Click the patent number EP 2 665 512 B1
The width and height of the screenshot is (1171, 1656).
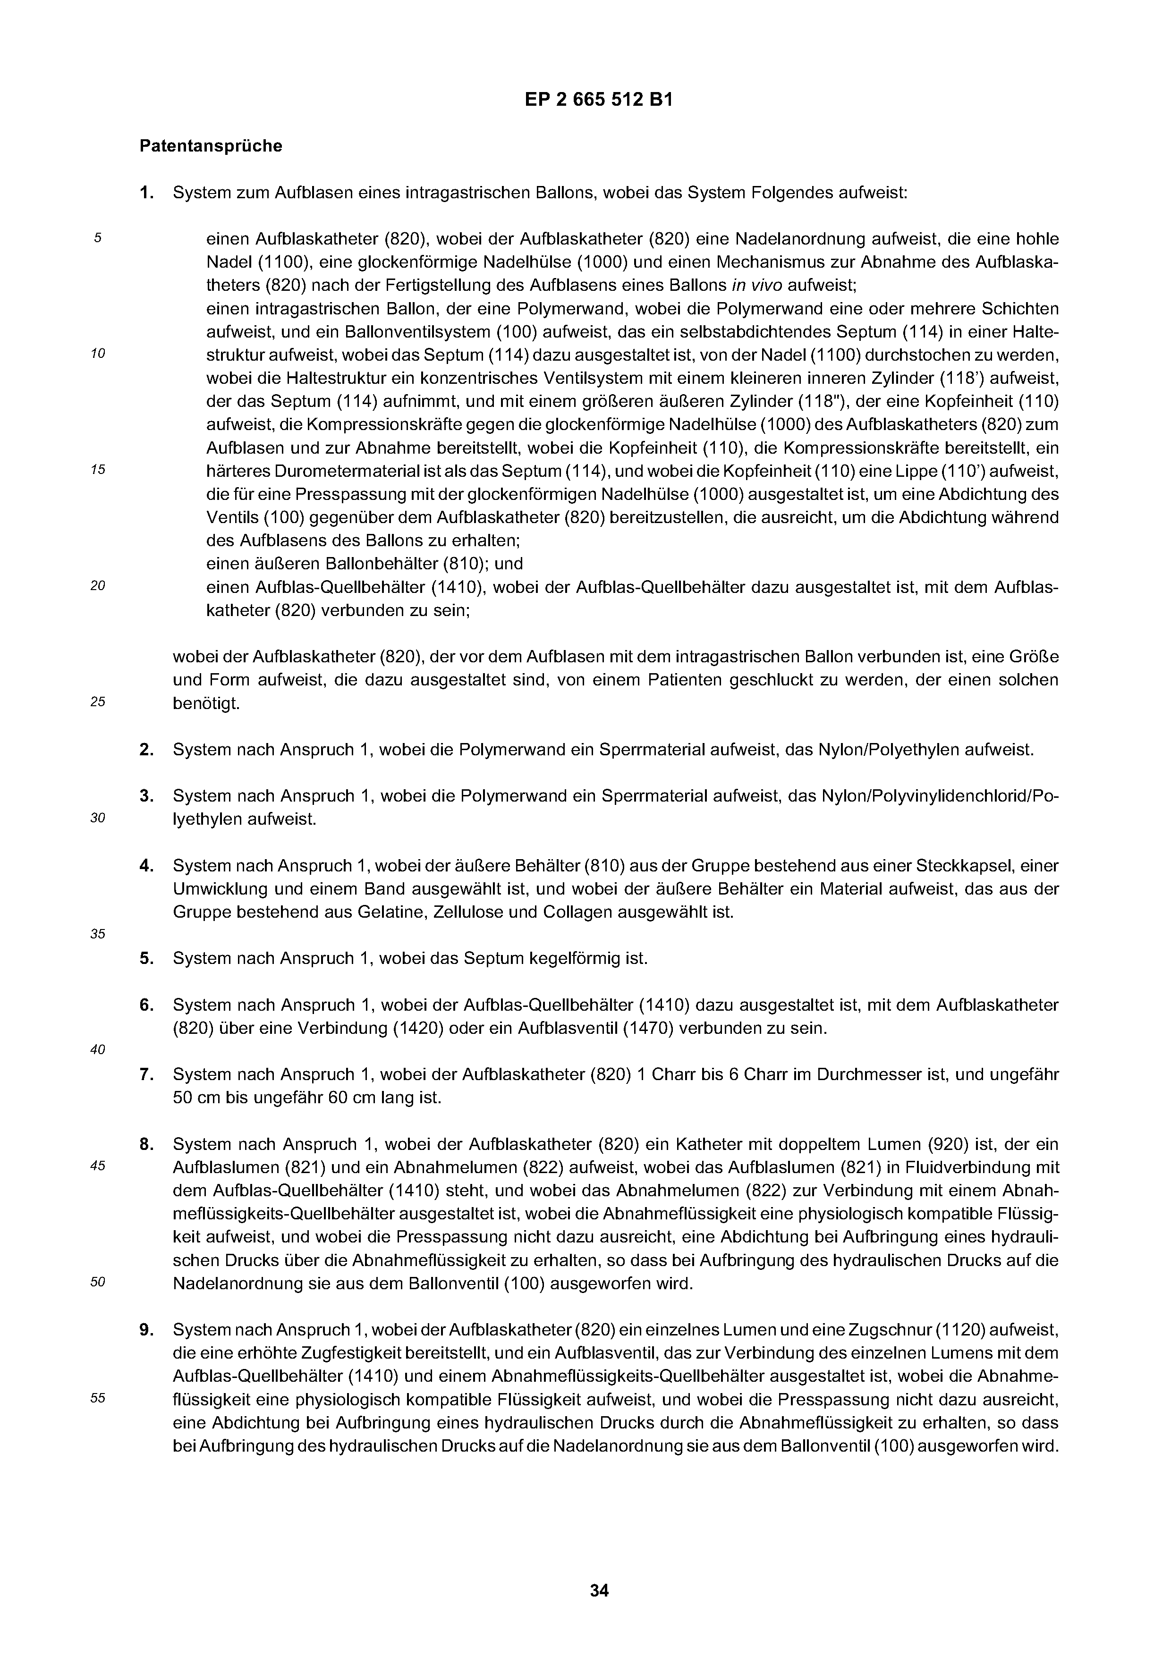(599, 100)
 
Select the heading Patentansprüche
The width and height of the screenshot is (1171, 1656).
(211, 146)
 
